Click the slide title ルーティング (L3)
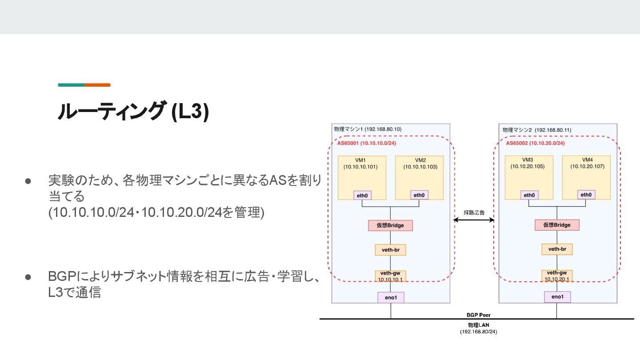133,112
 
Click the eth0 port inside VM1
363,195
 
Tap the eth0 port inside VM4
586,195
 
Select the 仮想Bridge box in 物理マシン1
390,225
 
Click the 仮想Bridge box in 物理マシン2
557,225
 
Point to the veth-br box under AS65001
390,250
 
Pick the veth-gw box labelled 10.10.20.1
557,276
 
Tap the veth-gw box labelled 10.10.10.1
390,276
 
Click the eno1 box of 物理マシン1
391,297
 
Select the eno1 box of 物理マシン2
557,297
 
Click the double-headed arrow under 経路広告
474,220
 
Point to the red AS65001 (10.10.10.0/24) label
367,143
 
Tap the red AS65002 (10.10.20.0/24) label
535,143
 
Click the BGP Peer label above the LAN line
478,315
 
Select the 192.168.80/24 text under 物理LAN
478,332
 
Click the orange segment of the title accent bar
97,85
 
